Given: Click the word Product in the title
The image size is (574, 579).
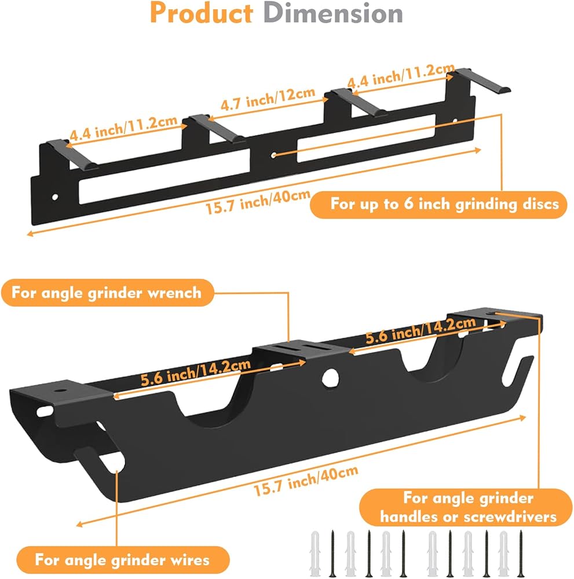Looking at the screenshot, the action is tap(202, 13).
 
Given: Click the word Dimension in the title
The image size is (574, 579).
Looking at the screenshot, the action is tap(333, 13).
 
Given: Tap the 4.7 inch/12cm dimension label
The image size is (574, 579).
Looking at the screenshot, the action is tap(268, 99).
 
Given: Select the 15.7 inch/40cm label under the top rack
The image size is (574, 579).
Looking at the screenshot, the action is tap(258, 201).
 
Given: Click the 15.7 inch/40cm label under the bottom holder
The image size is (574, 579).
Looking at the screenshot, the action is tap(306, 481).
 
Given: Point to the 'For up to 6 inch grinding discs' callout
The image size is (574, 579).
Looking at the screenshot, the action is tap(438, 204).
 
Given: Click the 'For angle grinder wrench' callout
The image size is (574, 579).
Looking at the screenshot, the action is tap(108, 292).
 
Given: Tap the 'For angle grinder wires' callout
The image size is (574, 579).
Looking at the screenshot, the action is tap(123, 560).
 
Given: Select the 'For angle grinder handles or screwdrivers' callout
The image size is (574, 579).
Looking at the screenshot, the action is tap(466, 507).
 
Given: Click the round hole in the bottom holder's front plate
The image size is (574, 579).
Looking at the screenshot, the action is tap(330, 378).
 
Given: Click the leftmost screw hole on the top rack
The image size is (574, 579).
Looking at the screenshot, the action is tap(55, 197).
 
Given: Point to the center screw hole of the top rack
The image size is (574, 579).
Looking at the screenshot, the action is tap(273, 155).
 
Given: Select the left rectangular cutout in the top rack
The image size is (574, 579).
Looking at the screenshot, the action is tap(164, 176).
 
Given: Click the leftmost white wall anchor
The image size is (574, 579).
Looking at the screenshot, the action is tap(315, 554).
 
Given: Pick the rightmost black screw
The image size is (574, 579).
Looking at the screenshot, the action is tap(521, 553).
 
